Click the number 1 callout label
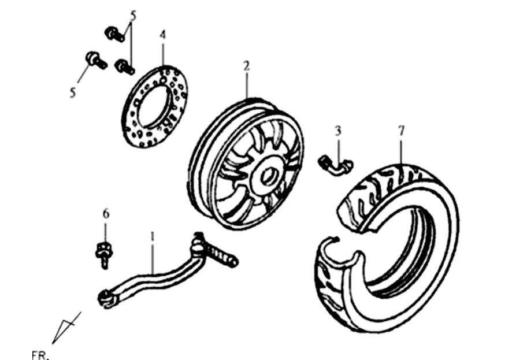pos(152,236)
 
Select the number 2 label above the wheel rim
pos(246,66)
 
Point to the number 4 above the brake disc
pos(163,36)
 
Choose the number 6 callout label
pos(106,214)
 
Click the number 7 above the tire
pos(400,131)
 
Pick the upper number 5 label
pos(133,16)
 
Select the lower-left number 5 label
pos(73,92)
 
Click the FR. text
pos(40,354)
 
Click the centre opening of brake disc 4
pos(155,106)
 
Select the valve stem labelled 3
pos(335,164)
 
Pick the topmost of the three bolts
pos(114,34)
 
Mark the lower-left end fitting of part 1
pos(105,298)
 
